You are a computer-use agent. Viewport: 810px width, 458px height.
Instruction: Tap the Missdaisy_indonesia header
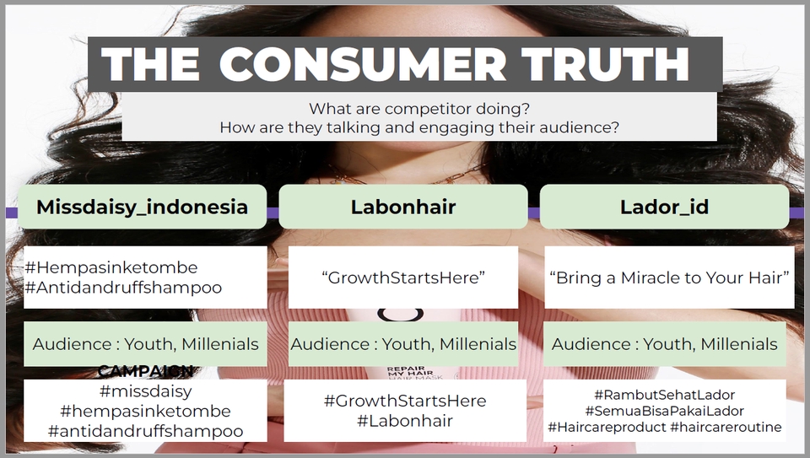[142, 207]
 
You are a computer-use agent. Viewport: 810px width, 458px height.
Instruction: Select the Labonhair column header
[402, 207]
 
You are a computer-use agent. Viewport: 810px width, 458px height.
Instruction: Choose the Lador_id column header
[663, 207]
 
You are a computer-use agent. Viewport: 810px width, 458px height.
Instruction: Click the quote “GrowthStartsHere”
[403, 277]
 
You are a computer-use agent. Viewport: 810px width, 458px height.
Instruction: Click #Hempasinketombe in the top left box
[111, 267]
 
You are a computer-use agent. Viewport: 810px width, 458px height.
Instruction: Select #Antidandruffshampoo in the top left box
[123, 288]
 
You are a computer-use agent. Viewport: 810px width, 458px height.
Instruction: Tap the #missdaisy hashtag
[145, 391]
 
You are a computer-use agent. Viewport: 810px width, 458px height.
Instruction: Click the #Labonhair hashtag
[404, 420]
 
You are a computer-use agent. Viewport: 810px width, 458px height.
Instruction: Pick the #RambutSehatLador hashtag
[664, 395]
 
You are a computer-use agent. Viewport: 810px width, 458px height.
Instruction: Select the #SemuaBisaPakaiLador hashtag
[664, 411]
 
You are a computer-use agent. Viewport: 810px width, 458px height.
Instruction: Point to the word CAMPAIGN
[145, 371]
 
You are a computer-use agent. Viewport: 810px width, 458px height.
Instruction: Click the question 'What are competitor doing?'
[419, 109]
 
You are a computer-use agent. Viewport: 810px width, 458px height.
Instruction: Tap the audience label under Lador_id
[664, 344]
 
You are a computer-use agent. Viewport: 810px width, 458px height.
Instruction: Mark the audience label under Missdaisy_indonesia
[145, 344]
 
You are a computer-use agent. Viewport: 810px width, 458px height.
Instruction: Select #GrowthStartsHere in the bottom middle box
[404, 400]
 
